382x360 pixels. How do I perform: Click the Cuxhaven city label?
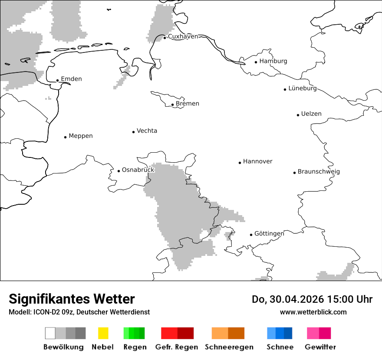(x=183, y=36)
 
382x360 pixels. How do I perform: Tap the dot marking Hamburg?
(x=256, y=62)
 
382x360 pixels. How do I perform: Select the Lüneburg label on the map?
(x=303, y=88)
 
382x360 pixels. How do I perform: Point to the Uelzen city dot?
(x=298, y=115)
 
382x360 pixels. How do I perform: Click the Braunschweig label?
(x=319, y=172)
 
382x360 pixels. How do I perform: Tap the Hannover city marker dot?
(x=240, y=163)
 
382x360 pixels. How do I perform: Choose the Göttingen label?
(x=269, y=234)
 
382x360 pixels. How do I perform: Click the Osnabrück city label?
(x=138, y=170)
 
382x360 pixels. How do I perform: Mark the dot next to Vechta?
(x=133, y=132)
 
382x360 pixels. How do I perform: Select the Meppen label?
(x=81, y=136)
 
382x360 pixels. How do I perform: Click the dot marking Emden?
(x=57, y=80)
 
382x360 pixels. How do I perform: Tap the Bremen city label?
(x=188, y=104)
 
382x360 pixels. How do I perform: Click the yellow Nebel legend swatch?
(x=103, y=333)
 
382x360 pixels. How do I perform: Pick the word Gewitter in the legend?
(x=320, y=347)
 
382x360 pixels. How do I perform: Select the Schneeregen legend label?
(x=229, y=347)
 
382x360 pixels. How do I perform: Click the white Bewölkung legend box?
(x=50, y=333)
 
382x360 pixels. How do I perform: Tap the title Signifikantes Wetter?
(x=72, y=299)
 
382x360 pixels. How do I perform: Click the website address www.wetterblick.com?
(x=313, y=312)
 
